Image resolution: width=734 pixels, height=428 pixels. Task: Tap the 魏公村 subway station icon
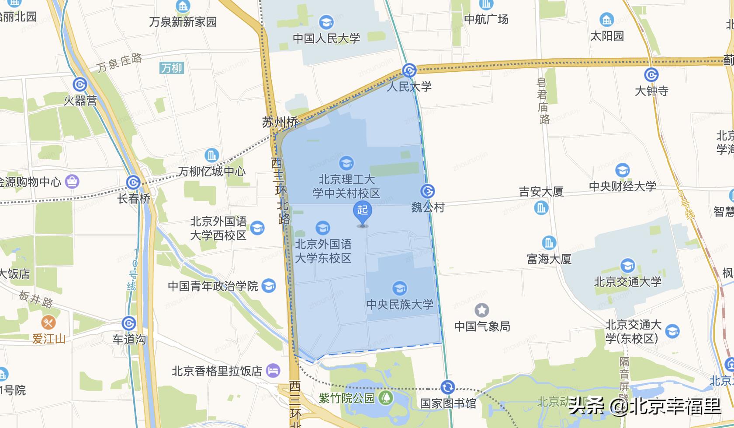click(x=427, y=191)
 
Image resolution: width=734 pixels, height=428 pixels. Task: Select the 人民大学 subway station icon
click(x=409, y=70)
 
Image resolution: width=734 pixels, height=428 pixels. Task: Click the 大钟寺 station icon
click(x=651, y=75)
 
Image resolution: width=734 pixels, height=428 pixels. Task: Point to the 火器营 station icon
click(x=80, y=84)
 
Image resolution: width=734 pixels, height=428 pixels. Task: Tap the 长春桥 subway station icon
click(x=133, y=182)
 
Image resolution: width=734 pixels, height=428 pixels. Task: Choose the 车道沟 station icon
click(x=128, y=323)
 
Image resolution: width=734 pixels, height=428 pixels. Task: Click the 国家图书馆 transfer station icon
click(x=447, y=387)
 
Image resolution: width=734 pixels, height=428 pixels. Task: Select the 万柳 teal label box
click(x=172, y=68)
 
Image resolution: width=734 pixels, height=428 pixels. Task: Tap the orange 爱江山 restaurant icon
click(x=48, y=323)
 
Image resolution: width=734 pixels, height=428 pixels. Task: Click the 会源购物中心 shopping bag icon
click(x=72, y=181)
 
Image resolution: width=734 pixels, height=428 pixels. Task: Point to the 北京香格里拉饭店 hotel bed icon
click(x=273, y=371)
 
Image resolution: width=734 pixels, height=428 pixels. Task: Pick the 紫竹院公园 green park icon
click(x=386, y=397)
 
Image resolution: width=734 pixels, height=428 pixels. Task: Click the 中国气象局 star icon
click(x=482, y=310)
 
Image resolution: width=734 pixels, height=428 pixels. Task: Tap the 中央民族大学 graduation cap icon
click(x=399, y=288)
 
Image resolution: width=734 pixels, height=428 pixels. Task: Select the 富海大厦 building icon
click(x=549, y=242)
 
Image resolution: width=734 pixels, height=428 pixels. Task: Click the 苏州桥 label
click(x=280, y=122)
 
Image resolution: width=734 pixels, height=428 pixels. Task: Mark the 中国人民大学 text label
click(x=326, y=39)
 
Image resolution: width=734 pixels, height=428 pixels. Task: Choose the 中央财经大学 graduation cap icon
click(x=622, y=170)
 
